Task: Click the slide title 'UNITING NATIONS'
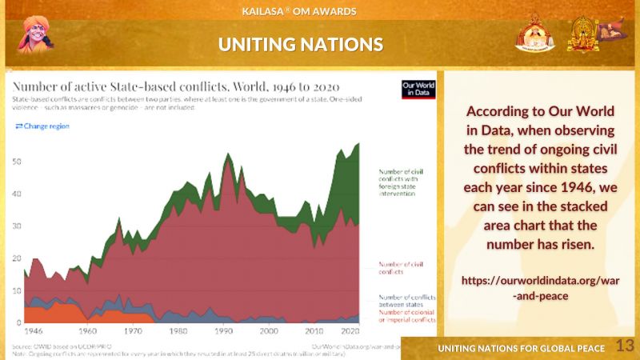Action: pos(300,44)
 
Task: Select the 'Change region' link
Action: pos(42,126)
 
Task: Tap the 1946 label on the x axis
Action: pos(34,331)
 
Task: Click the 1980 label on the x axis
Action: pos(179,331)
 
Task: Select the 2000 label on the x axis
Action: pos(270,331)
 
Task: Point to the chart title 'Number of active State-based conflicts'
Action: pos(176,86)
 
